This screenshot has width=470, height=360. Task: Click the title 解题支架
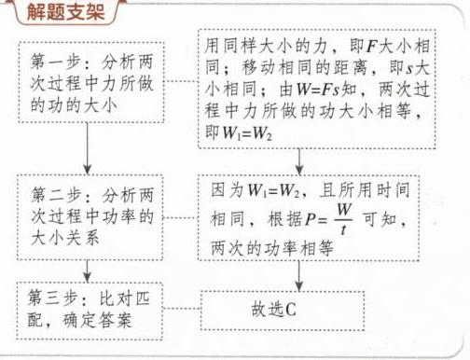pyautogui.click(x=65, y=12)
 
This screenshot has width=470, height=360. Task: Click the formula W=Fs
pyautogui.click(x=318, y=90)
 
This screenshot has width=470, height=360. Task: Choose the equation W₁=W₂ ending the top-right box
pyautogui.click(x=247, y=133)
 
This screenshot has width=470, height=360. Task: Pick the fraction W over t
pyautogui.click(x=343, y=218)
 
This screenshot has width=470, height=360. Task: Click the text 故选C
pyautogui.click(x=273, y=310)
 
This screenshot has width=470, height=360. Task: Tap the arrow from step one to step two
pyautogui.click(x=88, y=148)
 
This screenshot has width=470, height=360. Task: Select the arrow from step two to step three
pyautogui.click(x=88, y=271)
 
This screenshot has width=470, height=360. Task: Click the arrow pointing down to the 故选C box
pyautogui.click(x=299, y=276)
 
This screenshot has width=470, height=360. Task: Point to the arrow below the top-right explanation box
pyautogui.click(x=299, y=161)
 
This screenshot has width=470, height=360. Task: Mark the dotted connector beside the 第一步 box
pyautogui.click(x=181, y=81)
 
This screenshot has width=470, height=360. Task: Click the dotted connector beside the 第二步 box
pyautogui.click(x=180, y=217)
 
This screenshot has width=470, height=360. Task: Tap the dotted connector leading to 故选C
pyautogui.click(x=182, y=309)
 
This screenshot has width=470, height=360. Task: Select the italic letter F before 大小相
pyautogui.click(x=372, y=47)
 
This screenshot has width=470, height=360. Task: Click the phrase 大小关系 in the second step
pyautogui.click(x=65, y=238)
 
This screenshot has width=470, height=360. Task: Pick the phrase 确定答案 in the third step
pyautogui.click(x=98, y=320)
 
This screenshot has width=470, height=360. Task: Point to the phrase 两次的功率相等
pyautogui.click(x=272, y=248)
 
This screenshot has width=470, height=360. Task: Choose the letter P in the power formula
pyautogui.click(x=311, y=220)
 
